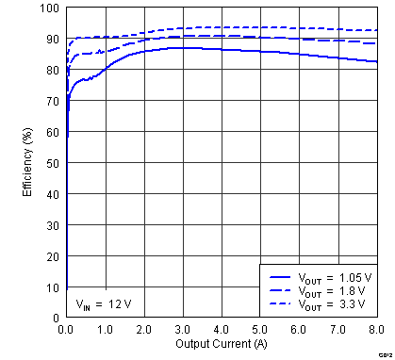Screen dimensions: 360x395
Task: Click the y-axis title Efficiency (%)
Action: [x=27, y=163]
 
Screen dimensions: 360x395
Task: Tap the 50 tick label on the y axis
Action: [x=52, y=163]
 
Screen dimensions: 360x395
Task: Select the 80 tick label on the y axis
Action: [x=52, y=71]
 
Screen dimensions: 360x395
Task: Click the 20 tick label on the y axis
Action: [x=52, y=256]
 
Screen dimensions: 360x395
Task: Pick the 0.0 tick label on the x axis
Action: [x=66, y=330]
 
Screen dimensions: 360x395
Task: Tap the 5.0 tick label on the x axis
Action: [x=260, y=330]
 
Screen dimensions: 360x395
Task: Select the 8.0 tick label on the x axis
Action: [x=376, y=330]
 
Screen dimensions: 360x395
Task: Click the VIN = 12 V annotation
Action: [x=103, y=304]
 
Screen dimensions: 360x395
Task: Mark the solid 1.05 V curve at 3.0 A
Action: [x=182, y=47]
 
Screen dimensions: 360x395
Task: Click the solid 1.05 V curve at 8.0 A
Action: [x=376, y=61]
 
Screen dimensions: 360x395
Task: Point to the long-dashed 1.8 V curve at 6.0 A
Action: [x=299, y=39]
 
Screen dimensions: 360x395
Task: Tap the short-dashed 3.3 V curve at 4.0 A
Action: [x=221, y=27]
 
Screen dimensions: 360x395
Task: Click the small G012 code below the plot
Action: [x=384, y=353]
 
